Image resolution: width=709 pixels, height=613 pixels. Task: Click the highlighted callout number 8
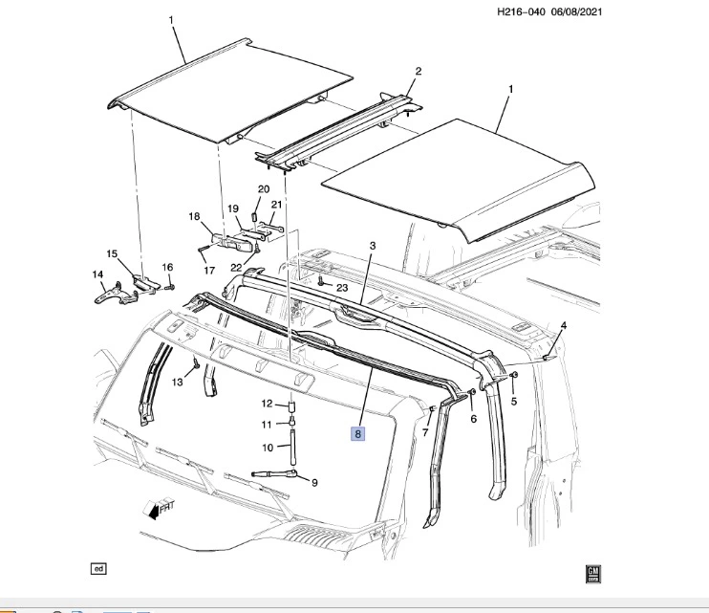(x=357, y=434)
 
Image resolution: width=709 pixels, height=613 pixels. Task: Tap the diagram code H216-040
(x=521, y=11)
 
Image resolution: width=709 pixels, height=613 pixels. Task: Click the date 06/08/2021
(x=576, y=11)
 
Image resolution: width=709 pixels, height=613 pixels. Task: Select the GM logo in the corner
(x=592, y=574)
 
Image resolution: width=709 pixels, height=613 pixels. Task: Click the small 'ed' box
(x=98, y=569)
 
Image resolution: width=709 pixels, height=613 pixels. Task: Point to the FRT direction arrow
(x=158, y=509)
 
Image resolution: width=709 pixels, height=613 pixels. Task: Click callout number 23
(x=342, y=288)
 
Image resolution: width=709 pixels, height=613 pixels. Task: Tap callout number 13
(x=178, y=383)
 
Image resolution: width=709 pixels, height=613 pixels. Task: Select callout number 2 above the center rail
(x=419, y=71)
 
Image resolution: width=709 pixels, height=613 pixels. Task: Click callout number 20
(x=264, y=189)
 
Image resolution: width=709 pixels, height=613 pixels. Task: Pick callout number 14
(x=97, y=274)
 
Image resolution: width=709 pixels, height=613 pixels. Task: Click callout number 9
(x=314, y=483)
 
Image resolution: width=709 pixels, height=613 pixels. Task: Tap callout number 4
(x=564, y=325)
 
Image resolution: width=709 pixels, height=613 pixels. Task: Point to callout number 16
(x=167, y=267)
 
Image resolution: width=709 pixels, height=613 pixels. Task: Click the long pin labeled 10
(x=293, y=448)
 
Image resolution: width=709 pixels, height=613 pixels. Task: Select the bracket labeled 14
(x=116, y=294)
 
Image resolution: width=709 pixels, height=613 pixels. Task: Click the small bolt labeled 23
(x=321, y=282)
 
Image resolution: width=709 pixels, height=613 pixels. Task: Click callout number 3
(x=373, y=246)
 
